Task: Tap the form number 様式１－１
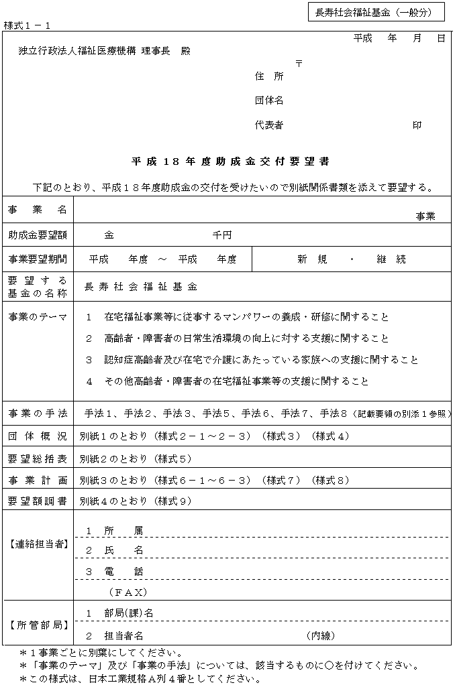[27, 25]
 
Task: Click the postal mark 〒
[298, 63]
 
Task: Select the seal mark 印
[417, 125]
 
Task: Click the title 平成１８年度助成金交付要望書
[230, 162]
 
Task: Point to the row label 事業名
[38, 210]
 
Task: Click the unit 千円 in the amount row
[222, 235]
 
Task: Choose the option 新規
[312, 259]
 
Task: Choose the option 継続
[391, 259]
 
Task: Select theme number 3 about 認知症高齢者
[89, 360]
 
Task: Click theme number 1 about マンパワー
[89, 317]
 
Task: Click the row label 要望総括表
[38, 459]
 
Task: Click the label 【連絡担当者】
[38, 544]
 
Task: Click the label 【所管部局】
[38, 625]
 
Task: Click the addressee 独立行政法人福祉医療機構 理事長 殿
[105, 51]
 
